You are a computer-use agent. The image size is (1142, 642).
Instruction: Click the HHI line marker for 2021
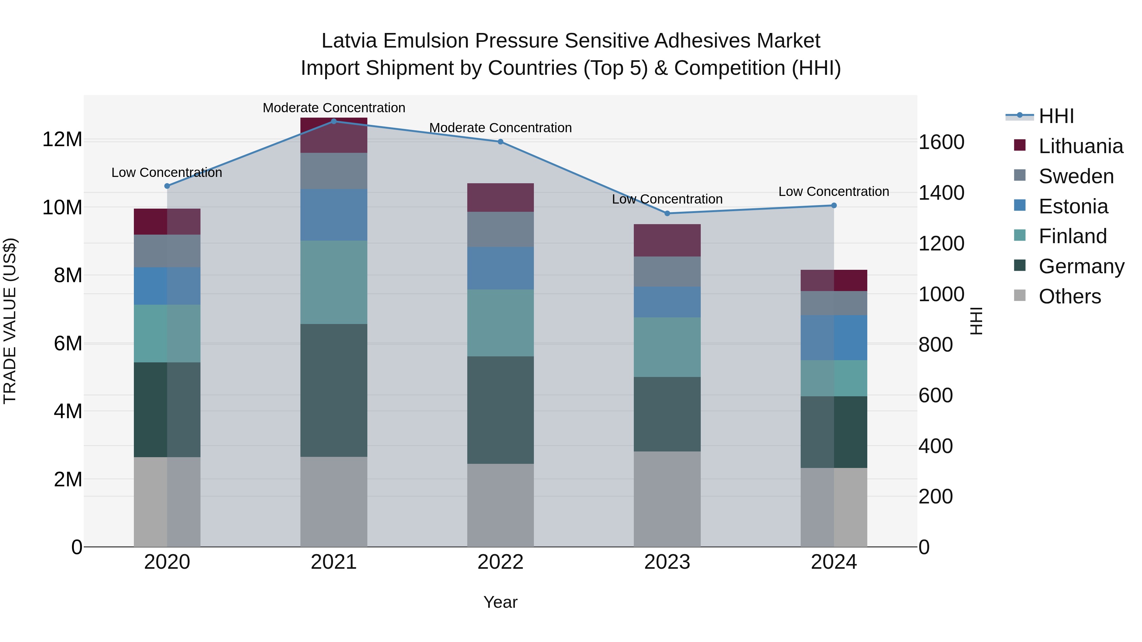coord(334,121)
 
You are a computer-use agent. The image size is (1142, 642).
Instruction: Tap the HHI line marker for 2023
coord(667,213)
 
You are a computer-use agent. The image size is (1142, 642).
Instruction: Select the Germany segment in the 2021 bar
coord(334,390)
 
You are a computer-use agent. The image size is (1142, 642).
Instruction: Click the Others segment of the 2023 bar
coord(667,499)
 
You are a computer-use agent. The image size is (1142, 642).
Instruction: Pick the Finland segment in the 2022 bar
coord(501,322)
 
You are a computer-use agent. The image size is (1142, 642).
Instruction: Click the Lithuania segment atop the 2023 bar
coord(667,240)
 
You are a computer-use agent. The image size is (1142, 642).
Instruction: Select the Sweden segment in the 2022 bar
coord(501,229)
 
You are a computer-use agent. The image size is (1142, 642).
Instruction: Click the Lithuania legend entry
coord(1080,146)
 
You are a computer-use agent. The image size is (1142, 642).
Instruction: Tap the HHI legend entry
coord(1056,116)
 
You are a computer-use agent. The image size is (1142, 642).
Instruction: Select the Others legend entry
coord(1069,296)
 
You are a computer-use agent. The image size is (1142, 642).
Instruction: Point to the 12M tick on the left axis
coord(62,139)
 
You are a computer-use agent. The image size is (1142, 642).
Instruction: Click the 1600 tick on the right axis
coord(941,142)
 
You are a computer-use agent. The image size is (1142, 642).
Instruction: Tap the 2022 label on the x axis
coord(501,562)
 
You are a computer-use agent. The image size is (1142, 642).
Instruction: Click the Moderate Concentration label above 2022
coord(501,127)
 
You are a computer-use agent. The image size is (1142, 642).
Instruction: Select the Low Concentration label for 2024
coord(833,191)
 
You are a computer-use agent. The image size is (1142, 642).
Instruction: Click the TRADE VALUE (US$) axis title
coord(10,321)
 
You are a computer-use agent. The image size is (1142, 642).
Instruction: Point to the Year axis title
coord(501,602)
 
